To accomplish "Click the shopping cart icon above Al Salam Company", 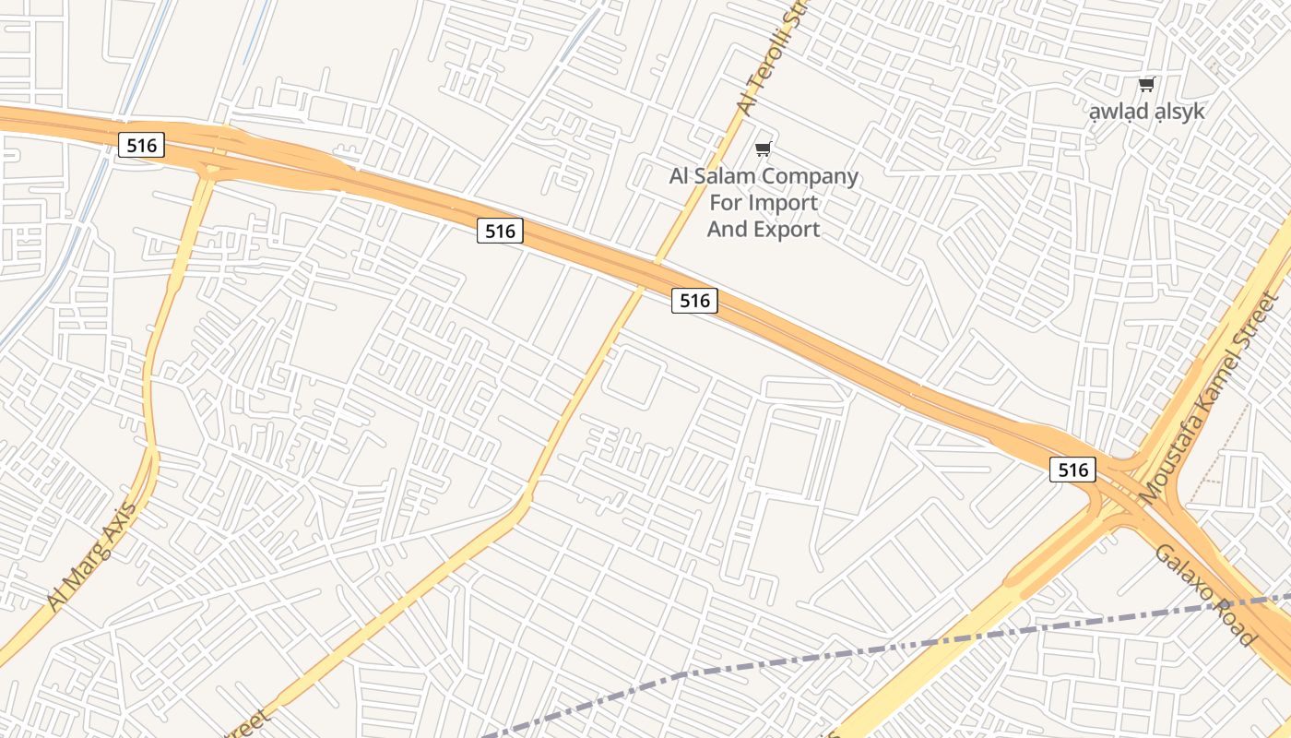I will (763, 149).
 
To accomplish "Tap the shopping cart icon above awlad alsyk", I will (1146, 85).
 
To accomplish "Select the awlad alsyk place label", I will (1146, 112).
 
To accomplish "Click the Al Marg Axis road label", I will (92, 556).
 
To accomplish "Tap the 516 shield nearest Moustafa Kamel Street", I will (1073, 470).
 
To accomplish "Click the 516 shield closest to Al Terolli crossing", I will (694, 300).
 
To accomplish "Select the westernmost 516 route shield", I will (141, 145).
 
